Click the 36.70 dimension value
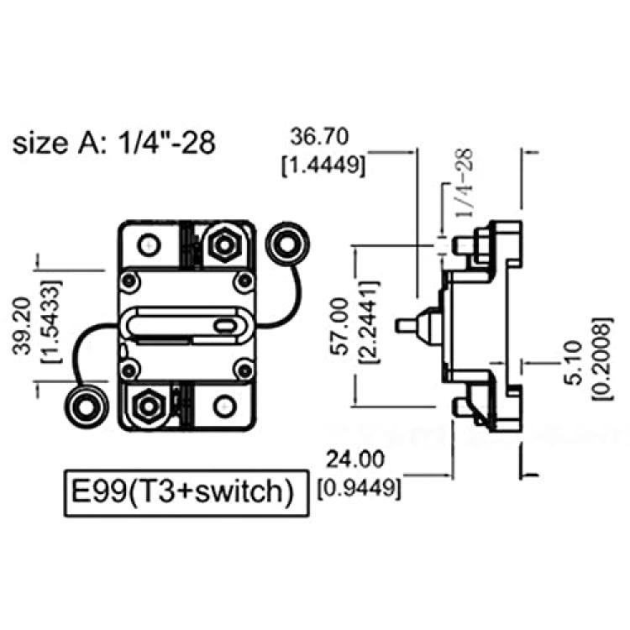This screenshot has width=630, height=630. (319, 137)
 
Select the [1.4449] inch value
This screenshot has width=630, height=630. (324, 165)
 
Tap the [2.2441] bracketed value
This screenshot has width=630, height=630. (369, 323)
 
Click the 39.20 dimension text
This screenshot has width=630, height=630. (22, 326)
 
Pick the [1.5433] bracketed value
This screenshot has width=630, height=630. (51, 322)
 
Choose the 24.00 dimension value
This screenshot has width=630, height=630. (354, 459)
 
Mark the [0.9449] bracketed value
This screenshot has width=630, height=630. (360, 488)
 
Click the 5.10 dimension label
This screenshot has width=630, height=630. (573, 363)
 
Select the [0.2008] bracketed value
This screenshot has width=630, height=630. (603, 359)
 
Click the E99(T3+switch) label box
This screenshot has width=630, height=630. (186, 493)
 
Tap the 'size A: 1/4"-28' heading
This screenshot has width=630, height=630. (114, 143)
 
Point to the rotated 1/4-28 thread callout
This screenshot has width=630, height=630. (464, 183)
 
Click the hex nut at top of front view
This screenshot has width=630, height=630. (224, 244)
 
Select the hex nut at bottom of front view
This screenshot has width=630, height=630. (149, 407)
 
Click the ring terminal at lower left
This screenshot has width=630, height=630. (86, 407)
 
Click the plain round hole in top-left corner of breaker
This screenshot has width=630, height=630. (149, 244)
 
